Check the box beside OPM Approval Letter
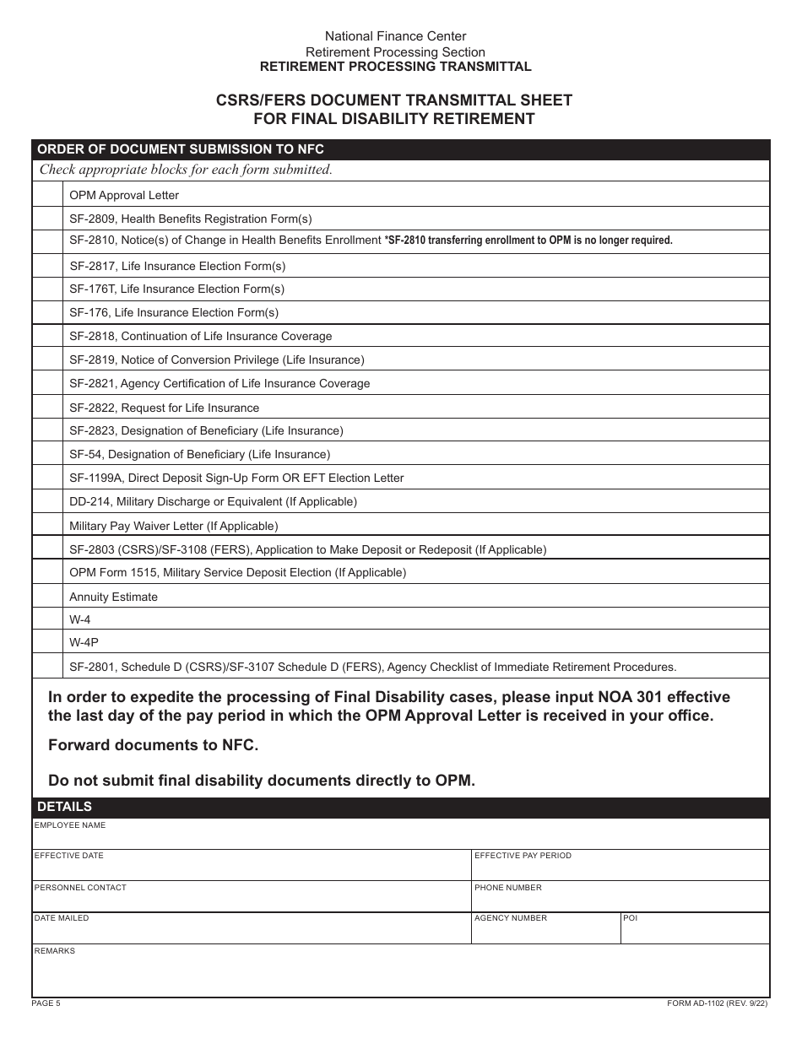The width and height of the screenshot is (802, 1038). pos(47,195)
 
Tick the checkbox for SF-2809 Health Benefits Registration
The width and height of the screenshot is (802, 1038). pos(47,219)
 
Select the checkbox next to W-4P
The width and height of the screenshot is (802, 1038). pos(47,642)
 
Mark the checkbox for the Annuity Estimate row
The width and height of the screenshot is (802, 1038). pos(47,597)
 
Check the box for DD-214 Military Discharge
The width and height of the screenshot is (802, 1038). pos(47,502)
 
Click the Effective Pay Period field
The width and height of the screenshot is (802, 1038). pos(620,869)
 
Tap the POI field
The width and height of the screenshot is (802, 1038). pos(694,933)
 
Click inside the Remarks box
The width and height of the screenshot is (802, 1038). pos(401,976)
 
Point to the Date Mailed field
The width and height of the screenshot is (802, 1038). pos(251,933)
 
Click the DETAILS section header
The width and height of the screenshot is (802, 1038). pos(64,807)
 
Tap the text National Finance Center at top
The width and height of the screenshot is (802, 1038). pos(395,36)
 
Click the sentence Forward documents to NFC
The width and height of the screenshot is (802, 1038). pos(153,745)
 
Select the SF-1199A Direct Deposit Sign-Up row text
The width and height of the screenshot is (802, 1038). pos(236,478)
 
